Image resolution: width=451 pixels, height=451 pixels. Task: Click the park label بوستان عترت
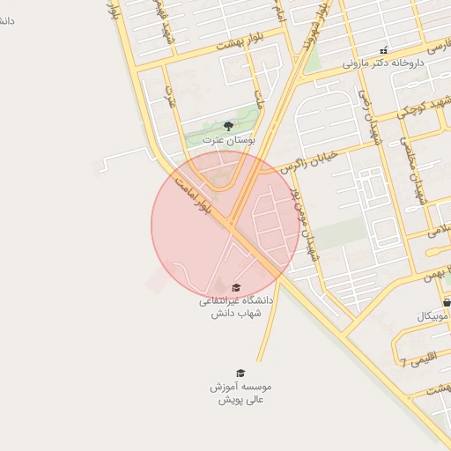228,140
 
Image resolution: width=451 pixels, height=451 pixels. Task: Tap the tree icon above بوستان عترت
228,126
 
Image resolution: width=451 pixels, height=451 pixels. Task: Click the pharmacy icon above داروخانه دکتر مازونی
383,50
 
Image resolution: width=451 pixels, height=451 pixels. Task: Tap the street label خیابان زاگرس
304,159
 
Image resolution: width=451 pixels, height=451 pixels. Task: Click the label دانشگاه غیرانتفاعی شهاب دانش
235,306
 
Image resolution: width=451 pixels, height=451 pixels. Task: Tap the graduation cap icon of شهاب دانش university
235,287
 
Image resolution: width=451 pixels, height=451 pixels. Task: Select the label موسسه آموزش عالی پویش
240,393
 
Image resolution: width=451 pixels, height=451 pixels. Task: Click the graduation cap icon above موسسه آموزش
240,373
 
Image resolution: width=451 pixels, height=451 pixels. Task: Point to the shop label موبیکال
433,315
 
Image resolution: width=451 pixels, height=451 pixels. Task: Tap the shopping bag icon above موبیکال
447,302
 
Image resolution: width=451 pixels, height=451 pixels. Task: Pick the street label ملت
259,97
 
